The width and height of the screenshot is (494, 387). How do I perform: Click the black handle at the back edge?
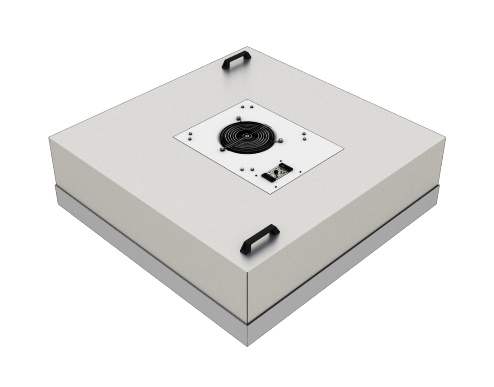[236, 60]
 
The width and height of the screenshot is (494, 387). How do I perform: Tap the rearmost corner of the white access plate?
[247, 100]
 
